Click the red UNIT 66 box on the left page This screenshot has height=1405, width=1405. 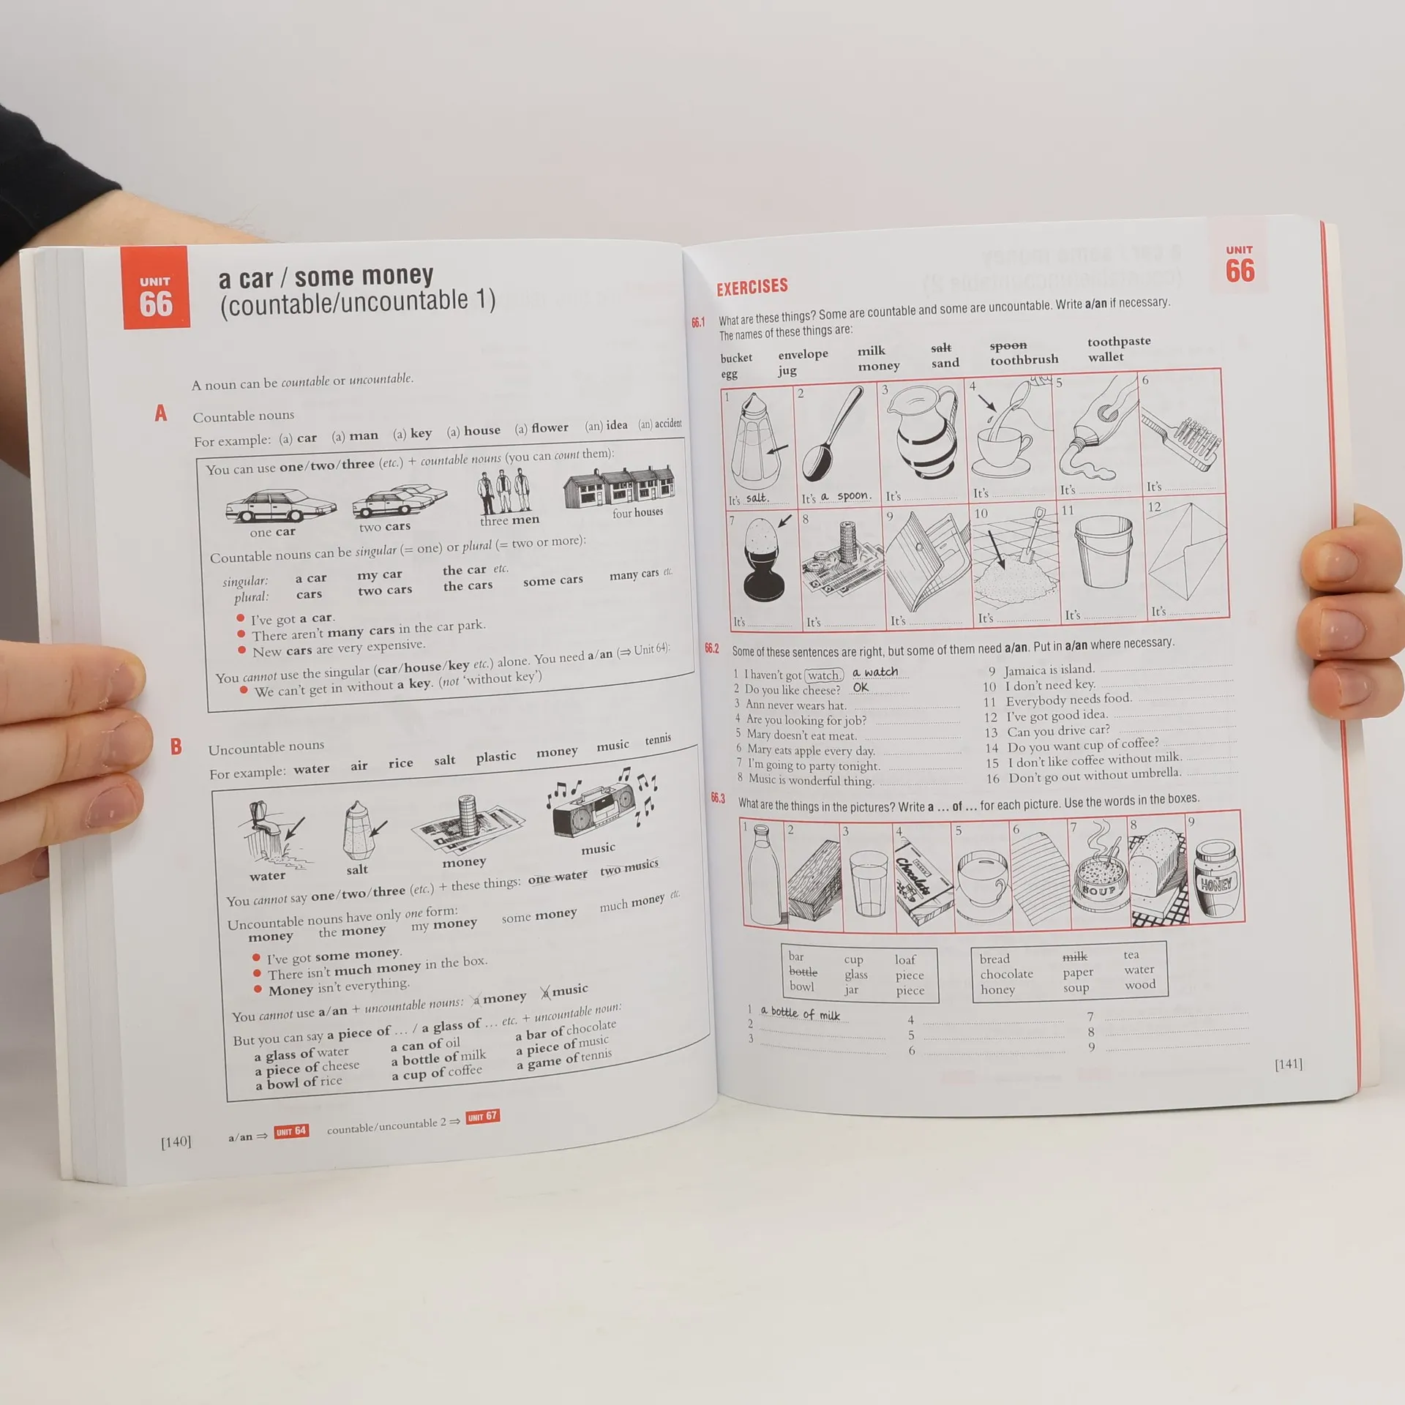coord(154,288)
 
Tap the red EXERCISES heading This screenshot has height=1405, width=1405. coord(752,286)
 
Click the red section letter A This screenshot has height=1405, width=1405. coord(161,413)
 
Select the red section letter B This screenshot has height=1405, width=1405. coord(176,746)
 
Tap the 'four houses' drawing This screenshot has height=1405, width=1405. coord(620,486)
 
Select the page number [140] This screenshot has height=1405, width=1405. coord(176,1141)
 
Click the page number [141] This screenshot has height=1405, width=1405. coord(1288,1063)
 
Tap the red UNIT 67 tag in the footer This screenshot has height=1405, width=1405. coord(482,1117)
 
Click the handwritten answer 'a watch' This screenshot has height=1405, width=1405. coord(875,672)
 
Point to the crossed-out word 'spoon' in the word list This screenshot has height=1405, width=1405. coord(1008,345)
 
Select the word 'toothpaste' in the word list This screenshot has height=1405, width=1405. coord(1119,341)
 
